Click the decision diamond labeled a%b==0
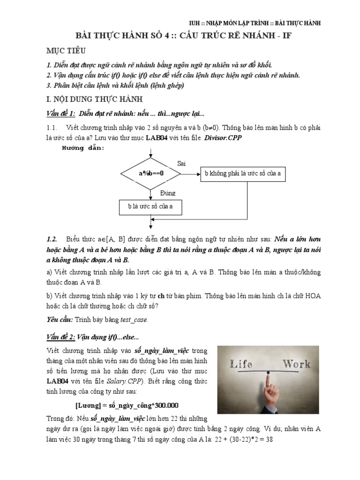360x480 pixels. point(150,173)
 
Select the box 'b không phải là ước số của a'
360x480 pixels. point(242,173)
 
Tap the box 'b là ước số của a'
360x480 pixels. point(150,206)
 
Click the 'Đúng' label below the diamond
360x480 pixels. point(167,193)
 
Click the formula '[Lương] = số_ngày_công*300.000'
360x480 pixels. point(127,405)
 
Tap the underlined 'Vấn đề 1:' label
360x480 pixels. point(60,113)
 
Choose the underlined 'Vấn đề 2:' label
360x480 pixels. point(61,337)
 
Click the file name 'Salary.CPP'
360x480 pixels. point(120,380)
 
